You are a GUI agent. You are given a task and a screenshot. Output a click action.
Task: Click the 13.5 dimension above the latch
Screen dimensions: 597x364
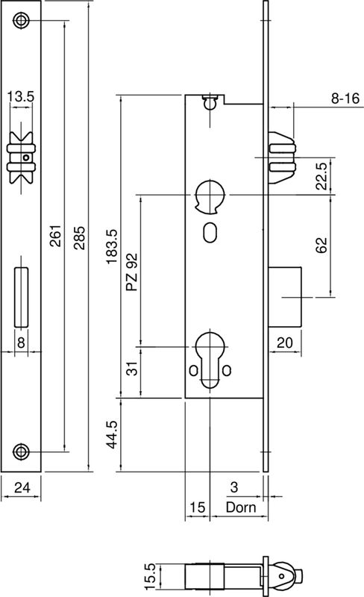[x=20, y=97]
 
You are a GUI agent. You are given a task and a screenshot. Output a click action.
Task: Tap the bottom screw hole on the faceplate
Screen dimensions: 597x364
[x=23, y=450]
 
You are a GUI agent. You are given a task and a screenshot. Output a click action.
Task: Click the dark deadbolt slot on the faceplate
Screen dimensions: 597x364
[x=21, y=297]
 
